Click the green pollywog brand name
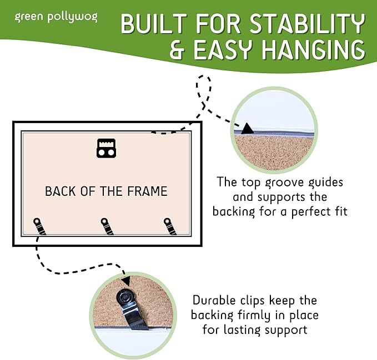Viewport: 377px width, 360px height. coord(56,17)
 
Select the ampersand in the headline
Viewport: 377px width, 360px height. coord(178,50)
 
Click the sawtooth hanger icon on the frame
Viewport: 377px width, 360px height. coord(106,148)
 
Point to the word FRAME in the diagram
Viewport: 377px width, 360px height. coord(147,191)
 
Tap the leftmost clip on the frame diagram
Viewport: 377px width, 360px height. coord(39,226)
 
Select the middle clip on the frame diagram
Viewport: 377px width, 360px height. coord(107,226)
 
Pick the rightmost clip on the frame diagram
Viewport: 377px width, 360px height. coord(170,226)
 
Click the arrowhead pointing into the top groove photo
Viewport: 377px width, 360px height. coord(247,129)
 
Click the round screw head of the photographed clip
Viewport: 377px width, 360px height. coord(124,298)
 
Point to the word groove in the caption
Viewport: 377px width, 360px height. coord(284,183)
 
